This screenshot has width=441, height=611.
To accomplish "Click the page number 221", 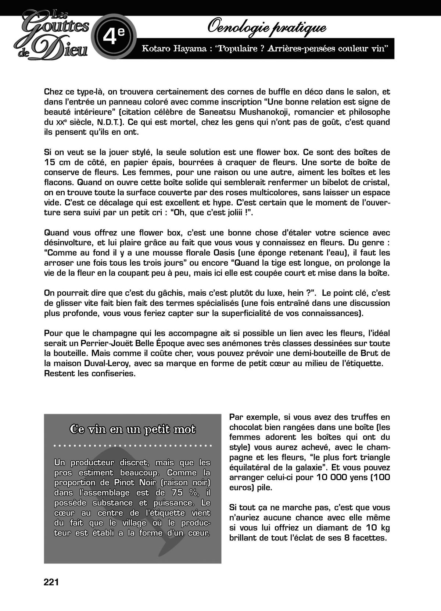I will [51, 582].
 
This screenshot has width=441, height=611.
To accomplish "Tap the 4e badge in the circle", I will [114, 36].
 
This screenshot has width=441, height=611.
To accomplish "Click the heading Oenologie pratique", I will [267, 27].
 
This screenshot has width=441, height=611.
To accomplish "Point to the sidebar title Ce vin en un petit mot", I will [133, 429].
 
